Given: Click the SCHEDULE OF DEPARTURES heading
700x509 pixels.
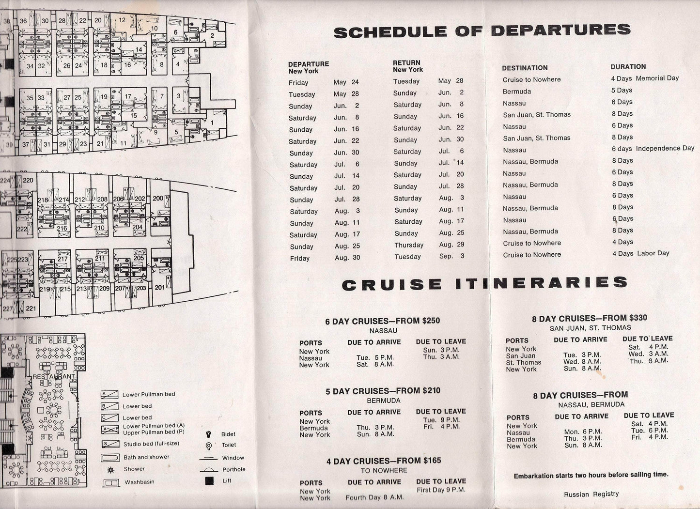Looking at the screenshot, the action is point(482,31).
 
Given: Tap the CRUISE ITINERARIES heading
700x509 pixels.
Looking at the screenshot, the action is point(484,284).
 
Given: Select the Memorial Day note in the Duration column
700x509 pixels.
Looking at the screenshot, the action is point(657,78).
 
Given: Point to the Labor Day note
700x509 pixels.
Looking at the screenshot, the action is point(653,253).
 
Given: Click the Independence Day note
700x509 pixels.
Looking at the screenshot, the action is point(665,148).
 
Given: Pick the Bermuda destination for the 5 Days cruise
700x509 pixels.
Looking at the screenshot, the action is point(517,92).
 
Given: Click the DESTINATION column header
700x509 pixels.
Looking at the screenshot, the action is point(525,68).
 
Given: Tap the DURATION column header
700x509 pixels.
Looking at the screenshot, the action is point(628,67).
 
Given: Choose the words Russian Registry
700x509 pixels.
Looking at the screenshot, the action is point(591,494).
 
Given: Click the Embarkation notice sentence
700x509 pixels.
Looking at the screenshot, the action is point(591,475).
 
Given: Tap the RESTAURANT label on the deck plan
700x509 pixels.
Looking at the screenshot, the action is point(53,376).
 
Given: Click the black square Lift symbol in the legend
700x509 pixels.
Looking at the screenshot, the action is point(209,481).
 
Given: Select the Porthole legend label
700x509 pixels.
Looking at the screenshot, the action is point(233,469).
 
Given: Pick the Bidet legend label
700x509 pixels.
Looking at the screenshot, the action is point(228,434).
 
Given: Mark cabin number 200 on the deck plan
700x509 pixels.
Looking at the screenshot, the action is point(158,199).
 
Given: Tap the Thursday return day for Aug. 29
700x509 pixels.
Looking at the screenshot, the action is point(409,245).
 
